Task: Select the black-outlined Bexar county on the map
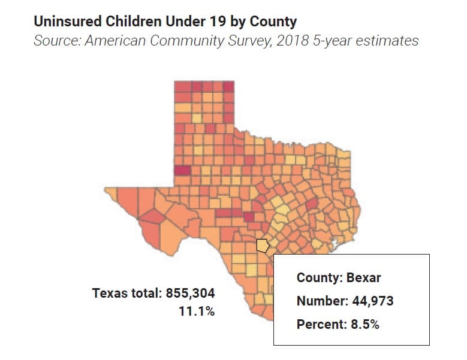(263, 246)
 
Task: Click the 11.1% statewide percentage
(197, 311)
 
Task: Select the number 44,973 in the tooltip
(370, 301)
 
